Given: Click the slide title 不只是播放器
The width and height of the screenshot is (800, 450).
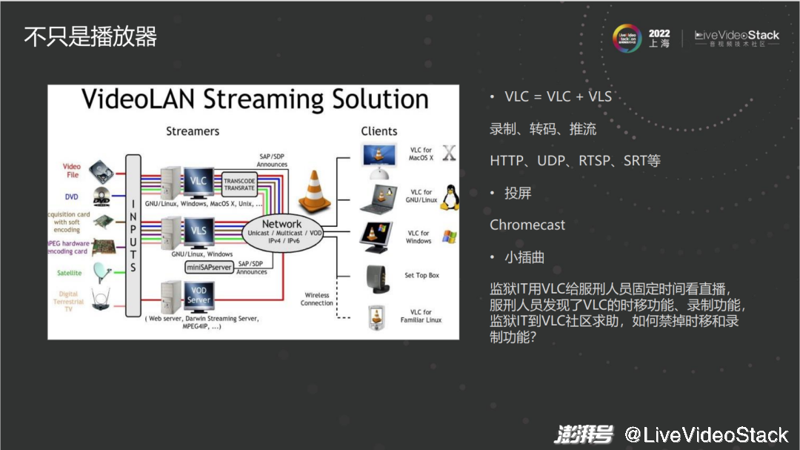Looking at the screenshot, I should [90, 36].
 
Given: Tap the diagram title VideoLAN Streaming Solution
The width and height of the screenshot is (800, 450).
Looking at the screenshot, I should [255, 99].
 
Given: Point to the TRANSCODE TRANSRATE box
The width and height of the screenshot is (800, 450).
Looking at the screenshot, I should [239, 183].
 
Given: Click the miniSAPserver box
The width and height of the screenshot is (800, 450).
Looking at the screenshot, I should [209, 267].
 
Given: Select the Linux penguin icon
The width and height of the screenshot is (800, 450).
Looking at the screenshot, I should [449, 198].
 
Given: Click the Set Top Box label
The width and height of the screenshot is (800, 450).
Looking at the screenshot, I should [421, 276].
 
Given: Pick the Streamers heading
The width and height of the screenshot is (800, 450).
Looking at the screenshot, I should [193, 131].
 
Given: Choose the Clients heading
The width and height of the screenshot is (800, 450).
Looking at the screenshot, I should [379, 131].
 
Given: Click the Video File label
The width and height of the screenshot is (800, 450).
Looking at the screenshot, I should [72, 171].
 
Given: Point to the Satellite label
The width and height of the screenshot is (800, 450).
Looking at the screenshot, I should [70, 273].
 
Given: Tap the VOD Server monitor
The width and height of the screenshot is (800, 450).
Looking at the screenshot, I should [199, 294].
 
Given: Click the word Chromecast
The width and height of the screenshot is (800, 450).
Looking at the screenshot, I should [527, 225].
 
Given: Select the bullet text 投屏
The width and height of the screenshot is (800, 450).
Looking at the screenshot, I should [518, 193].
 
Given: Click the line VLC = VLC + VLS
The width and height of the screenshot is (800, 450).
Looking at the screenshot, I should [558, 97].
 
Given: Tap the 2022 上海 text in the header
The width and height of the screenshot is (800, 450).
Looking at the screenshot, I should [659, 39].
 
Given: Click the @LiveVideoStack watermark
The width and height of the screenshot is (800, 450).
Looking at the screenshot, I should [706, 434].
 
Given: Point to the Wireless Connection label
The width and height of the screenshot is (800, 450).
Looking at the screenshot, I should [317, 299].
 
